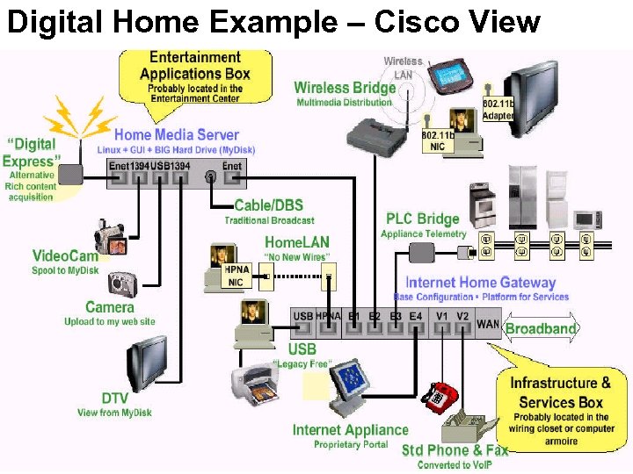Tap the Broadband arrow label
(x=541, y=329)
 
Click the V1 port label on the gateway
(x=441, y=316)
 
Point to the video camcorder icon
(x=112, y=237)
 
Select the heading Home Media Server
(x=176, y=134)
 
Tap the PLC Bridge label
(x=422, y=219)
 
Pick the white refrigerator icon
(x=526, y=197)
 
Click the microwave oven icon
(x=586, y=219)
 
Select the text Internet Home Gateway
(x=480, y=283)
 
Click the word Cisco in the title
(x=420, y=21)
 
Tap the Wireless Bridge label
(x=345, y=87)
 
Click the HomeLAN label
(x=297, y=241)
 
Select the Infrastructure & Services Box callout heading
(x=560, y=392)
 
